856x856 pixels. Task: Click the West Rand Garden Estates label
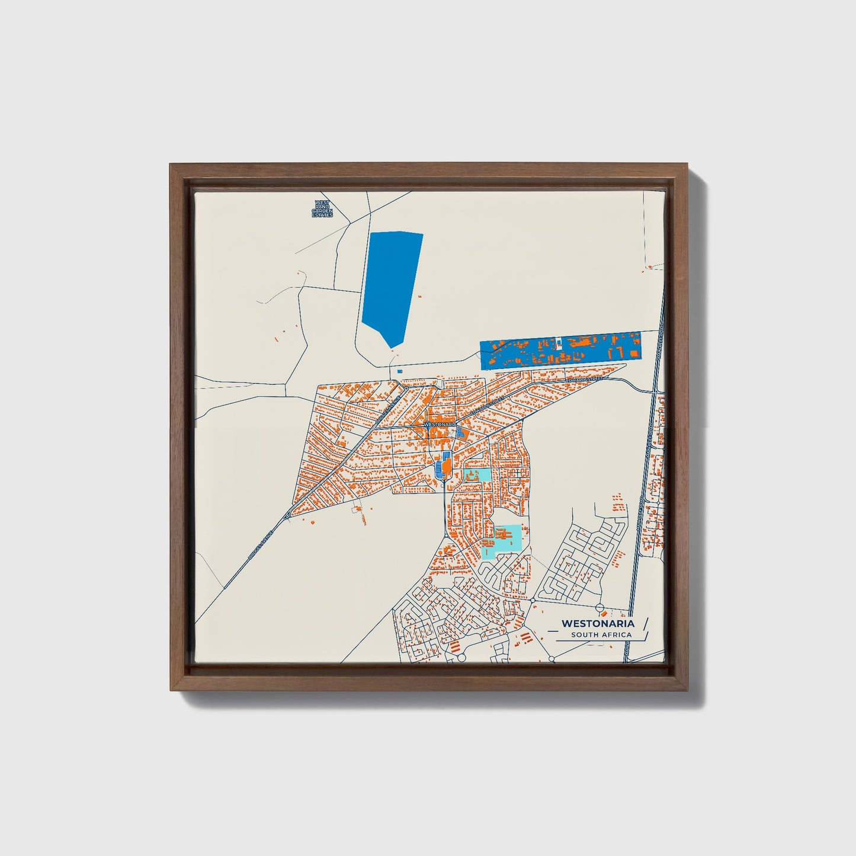323,209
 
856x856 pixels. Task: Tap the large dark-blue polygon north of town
391,284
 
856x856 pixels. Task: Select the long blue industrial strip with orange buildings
560,351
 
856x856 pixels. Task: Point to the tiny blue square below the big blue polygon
399,371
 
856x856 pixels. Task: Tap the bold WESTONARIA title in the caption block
598,623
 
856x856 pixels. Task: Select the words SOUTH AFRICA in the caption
601,635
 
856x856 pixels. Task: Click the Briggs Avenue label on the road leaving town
261,544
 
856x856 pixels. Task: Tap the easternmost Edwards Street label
584,378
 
